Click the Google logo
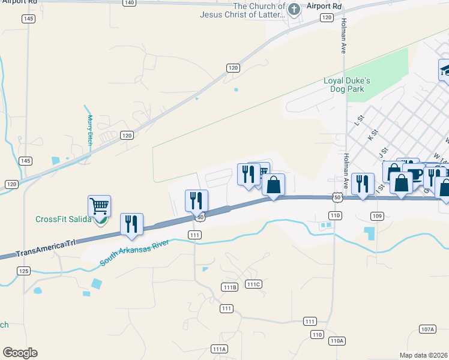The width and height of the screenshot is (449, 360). pyautogui.click(x=20, y=353)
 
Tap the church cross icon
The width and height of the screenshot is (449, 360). pyautogui.click(x=294, y=9)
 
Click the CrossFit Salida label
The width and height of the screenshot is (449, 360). pyautogui.click(x=63, y=219)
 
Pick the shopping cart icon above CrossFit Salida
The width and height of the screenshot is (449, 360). pyautogui.click(x=99, y=206)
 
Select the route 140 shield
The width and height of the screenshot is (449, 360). pyautogui.click(x=128, y=3)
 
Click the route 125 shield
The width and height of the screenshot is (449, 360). pyautogui.click(x=23, y=271)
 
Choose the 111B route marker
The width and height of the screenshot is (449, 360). pyautogui.click(x=229, y=287)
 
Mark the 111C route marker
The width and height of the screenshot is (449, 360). pyautogui.click(x=253, y=284)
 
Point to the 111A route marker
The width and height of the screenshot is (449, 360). pyautogui.click(x=219, y=349)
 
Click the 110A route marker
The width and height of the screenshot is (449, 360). pyautogui.click(x=337, y=341)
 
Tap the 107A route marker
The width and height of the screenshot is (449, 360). pyautogui.click(x=427, y=329)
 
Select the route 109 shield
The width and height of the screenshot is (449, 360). pyautogui.click(x=376, y=215)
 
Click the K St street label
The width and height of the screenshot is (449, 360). pyautogui.click(x=373, y=133)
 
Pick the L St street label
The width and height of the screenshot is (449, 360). pyautogui.click(x=359, y=121)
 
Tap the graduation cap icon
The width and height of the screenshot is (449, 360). pyautogui.click(x=445, y=70)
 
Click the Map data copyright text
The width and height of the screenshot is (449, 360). pyautogui.click(x=423, y=355)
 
